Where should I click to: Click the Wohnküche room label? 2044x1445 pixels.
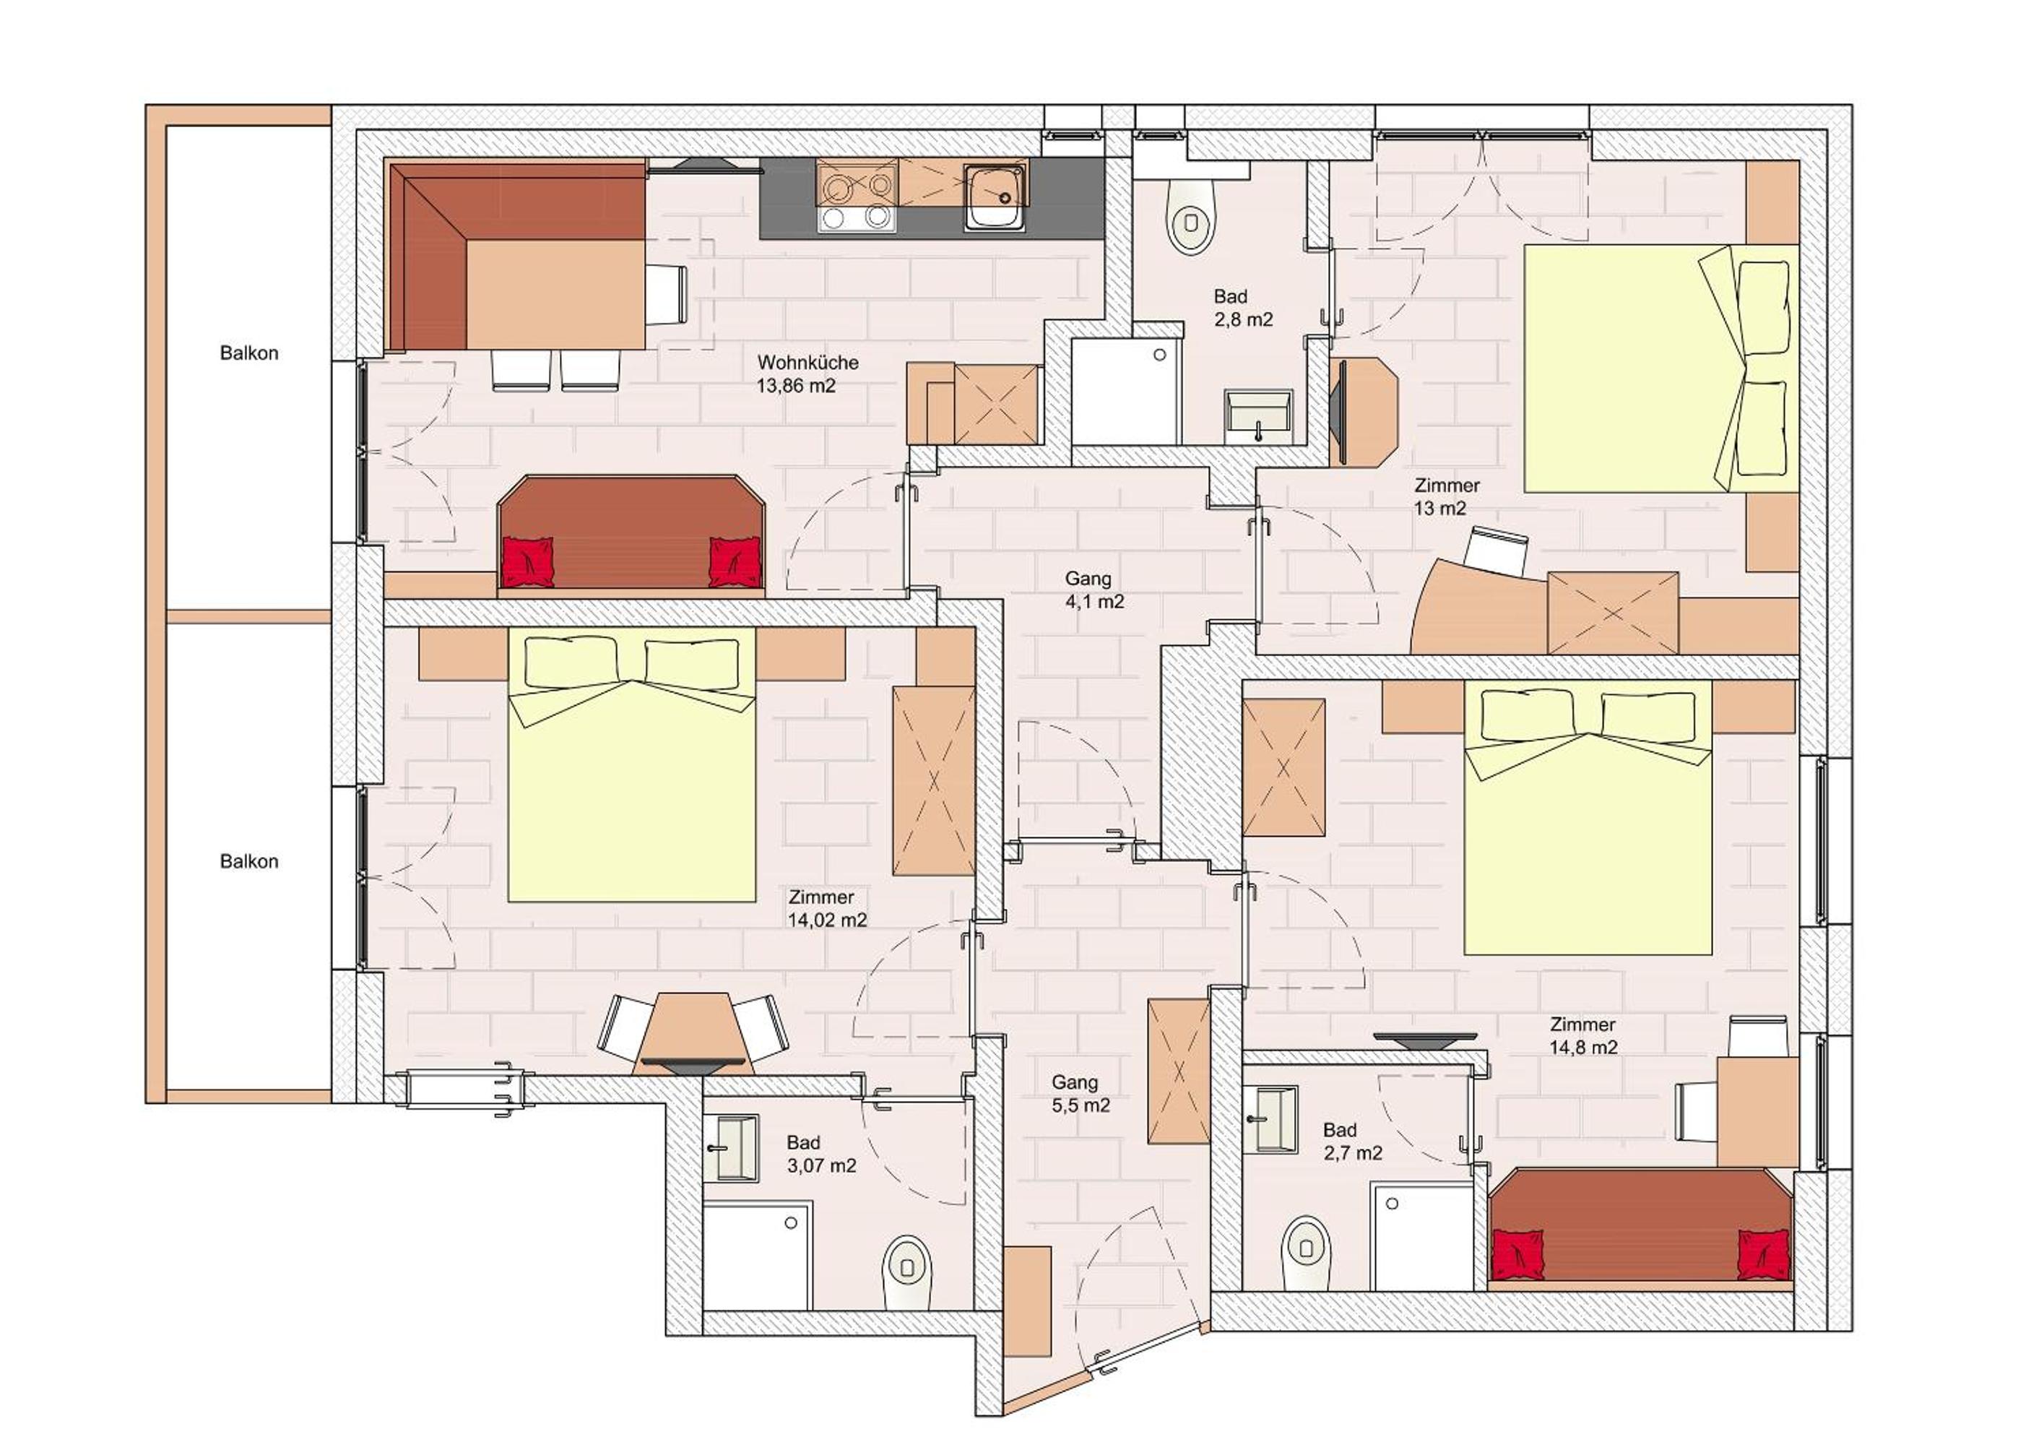tap(807, 363)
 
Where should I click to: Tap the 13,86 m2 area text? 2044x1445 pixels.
tap(796, 387)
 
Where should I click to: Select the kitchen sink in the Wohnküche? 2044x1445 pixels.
tap(995, 198)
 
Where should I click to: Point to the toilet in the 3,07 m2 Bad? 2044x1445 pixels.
tap(907, 1272)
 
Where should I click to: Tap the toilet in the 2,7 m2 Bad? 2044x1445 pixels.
tap(1306, 1253)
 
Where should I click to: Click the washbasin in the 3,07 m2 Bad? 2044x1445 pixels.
tap(731, 1149)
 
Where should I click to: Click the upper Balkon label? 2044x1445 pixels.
tap(249, 353)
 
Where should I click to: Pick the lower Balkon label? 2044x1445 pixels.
tap(249, 861)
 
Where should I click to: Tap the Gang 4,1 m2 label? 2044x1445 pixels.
tap(1094, 590)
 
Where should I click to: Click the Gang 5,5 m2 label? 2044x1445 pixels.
tap(1081, 1093)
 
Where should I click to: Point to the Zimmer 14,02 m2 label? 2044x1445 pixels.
tap(827, 908)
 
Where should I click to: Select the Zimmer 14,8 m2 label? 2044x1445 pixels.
tap(1583, 1035)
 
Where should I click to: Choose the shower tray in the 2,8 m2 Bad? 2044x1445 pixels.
tap(1126, 392)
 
